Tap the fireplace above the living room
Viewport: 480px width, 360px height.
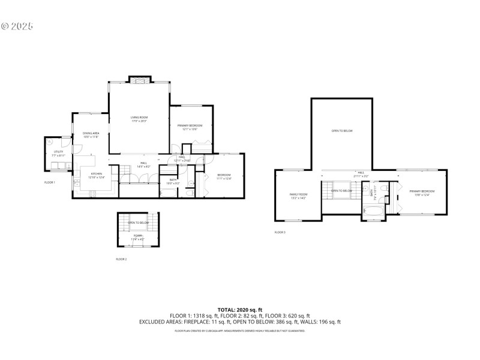139,80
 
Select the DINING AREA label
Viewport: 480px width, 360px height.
91,134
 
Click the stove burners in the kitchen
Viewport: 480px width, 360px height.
92,193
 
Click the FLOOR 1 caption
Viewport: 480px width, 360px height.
50,182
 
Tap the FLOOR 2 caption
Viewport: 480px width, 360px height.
121,259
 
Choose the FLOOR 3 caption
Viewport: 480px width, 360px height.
280,232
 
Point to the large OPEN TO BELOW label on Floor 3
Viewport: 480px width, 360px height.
342,130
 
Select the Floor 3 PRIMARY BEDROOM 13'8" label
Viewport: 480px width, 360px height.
422,192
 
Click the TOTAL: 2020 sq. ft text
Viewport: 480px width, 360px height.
239,310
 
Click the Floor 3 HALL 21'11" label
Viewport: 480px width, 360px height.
361,175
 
